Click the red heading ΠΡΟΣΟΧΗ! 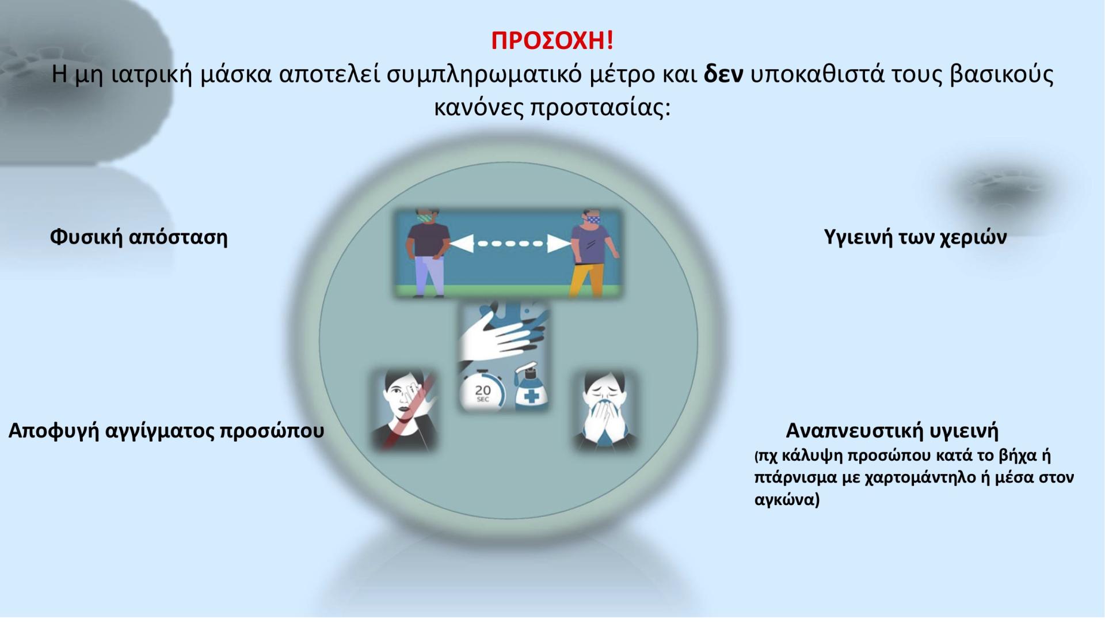pos(552,40)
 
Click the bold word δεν pos(723,74)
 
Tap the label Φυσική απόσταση pos(139,237)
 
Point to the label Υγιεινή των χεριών pos(915,237)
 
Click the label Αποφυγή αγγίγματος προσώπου pos(166,430)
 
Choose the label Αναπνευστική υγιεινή pos(892,430)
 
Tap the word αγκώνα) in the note pos(787,499)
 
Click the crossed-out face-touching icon pos(403,409)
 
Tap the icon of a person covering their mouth pos(605,410)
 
